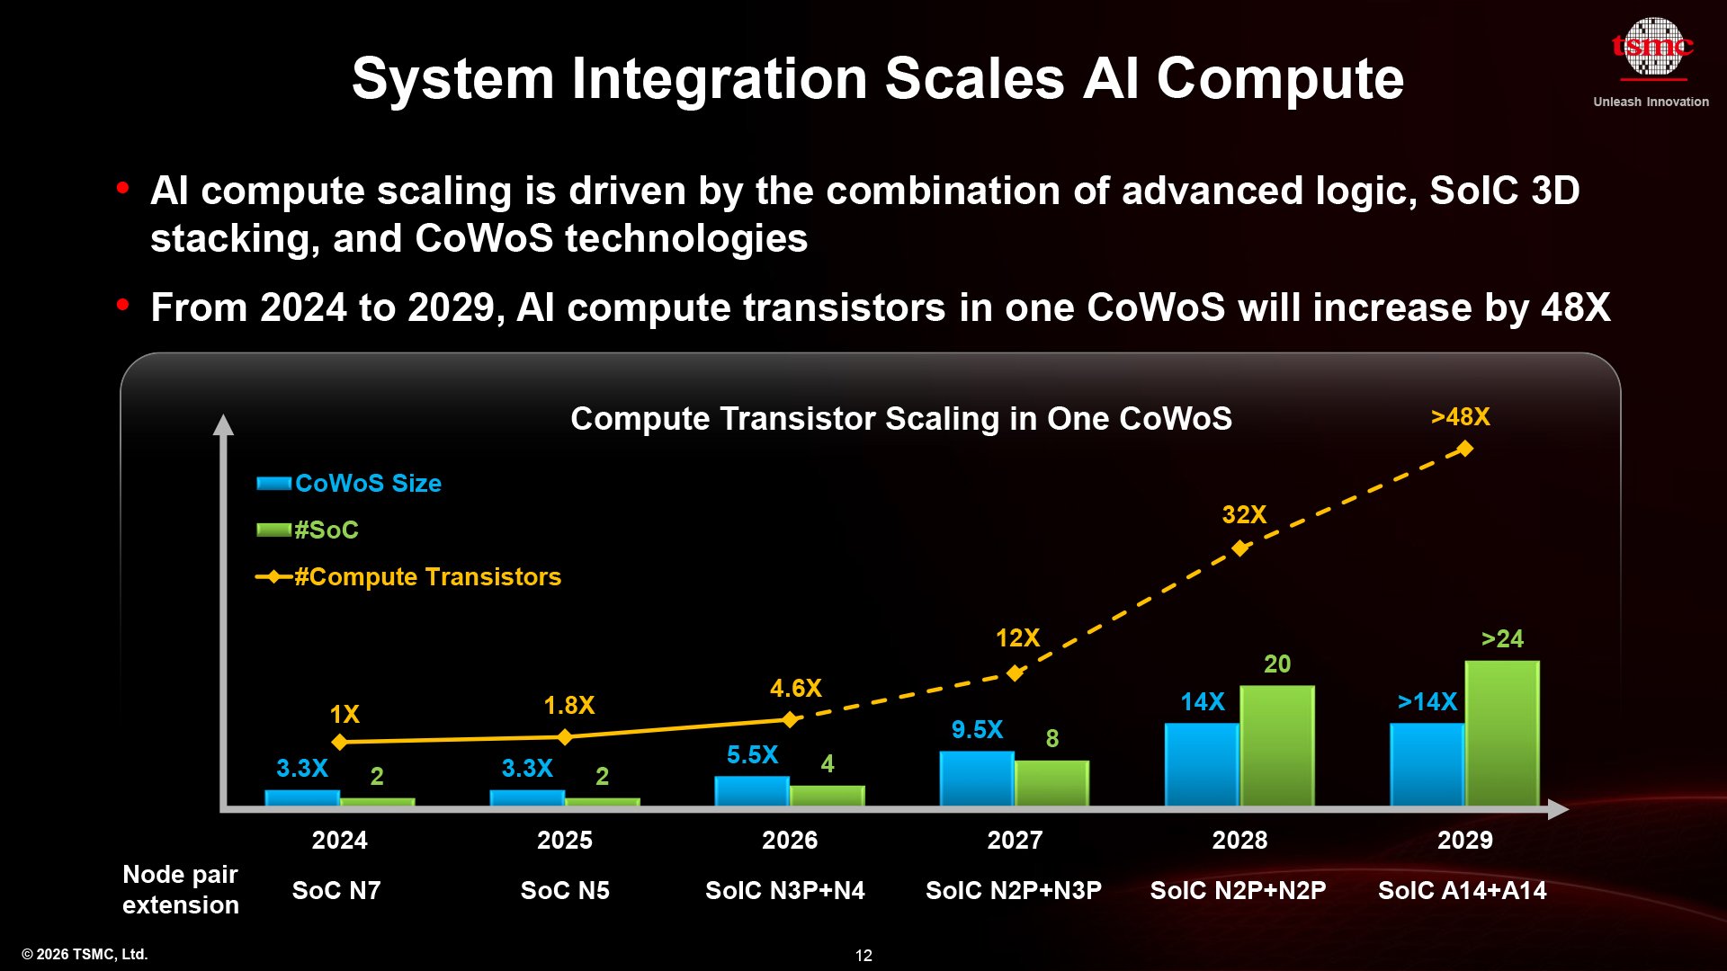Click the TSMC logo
click(1651, 49)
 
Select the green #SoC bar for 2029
click(1501, 733)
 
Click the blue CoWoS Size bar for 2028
click(1201, 764)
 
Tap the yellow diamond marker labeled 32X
click(1240, 548)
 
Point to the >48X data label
click(1460, 417)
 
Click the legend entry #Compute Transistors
click(426, 576)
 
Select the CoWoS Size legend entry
click(367, 484)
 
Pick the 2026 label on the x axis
click(790, 840)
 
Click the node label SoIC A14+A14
click(1462, 890)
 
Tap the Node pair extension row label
click(180, 889)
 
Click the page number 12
click(863, 956)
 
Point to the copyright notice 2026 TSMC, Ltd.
click(85, 954)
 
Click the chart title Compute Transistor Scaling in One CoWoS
click(900, 419)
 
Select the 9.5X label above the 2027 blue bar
click(977, 729)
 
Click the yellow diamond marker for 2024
click(339, 742)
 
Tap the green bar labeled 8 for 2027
click(1051, 783)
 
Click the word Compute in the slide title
click(1279, 79)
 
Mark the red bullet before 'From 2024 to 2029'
click(123, 305)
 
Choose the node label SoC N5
click(565, 890)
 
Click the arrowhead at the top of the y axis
click(223, 424)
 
